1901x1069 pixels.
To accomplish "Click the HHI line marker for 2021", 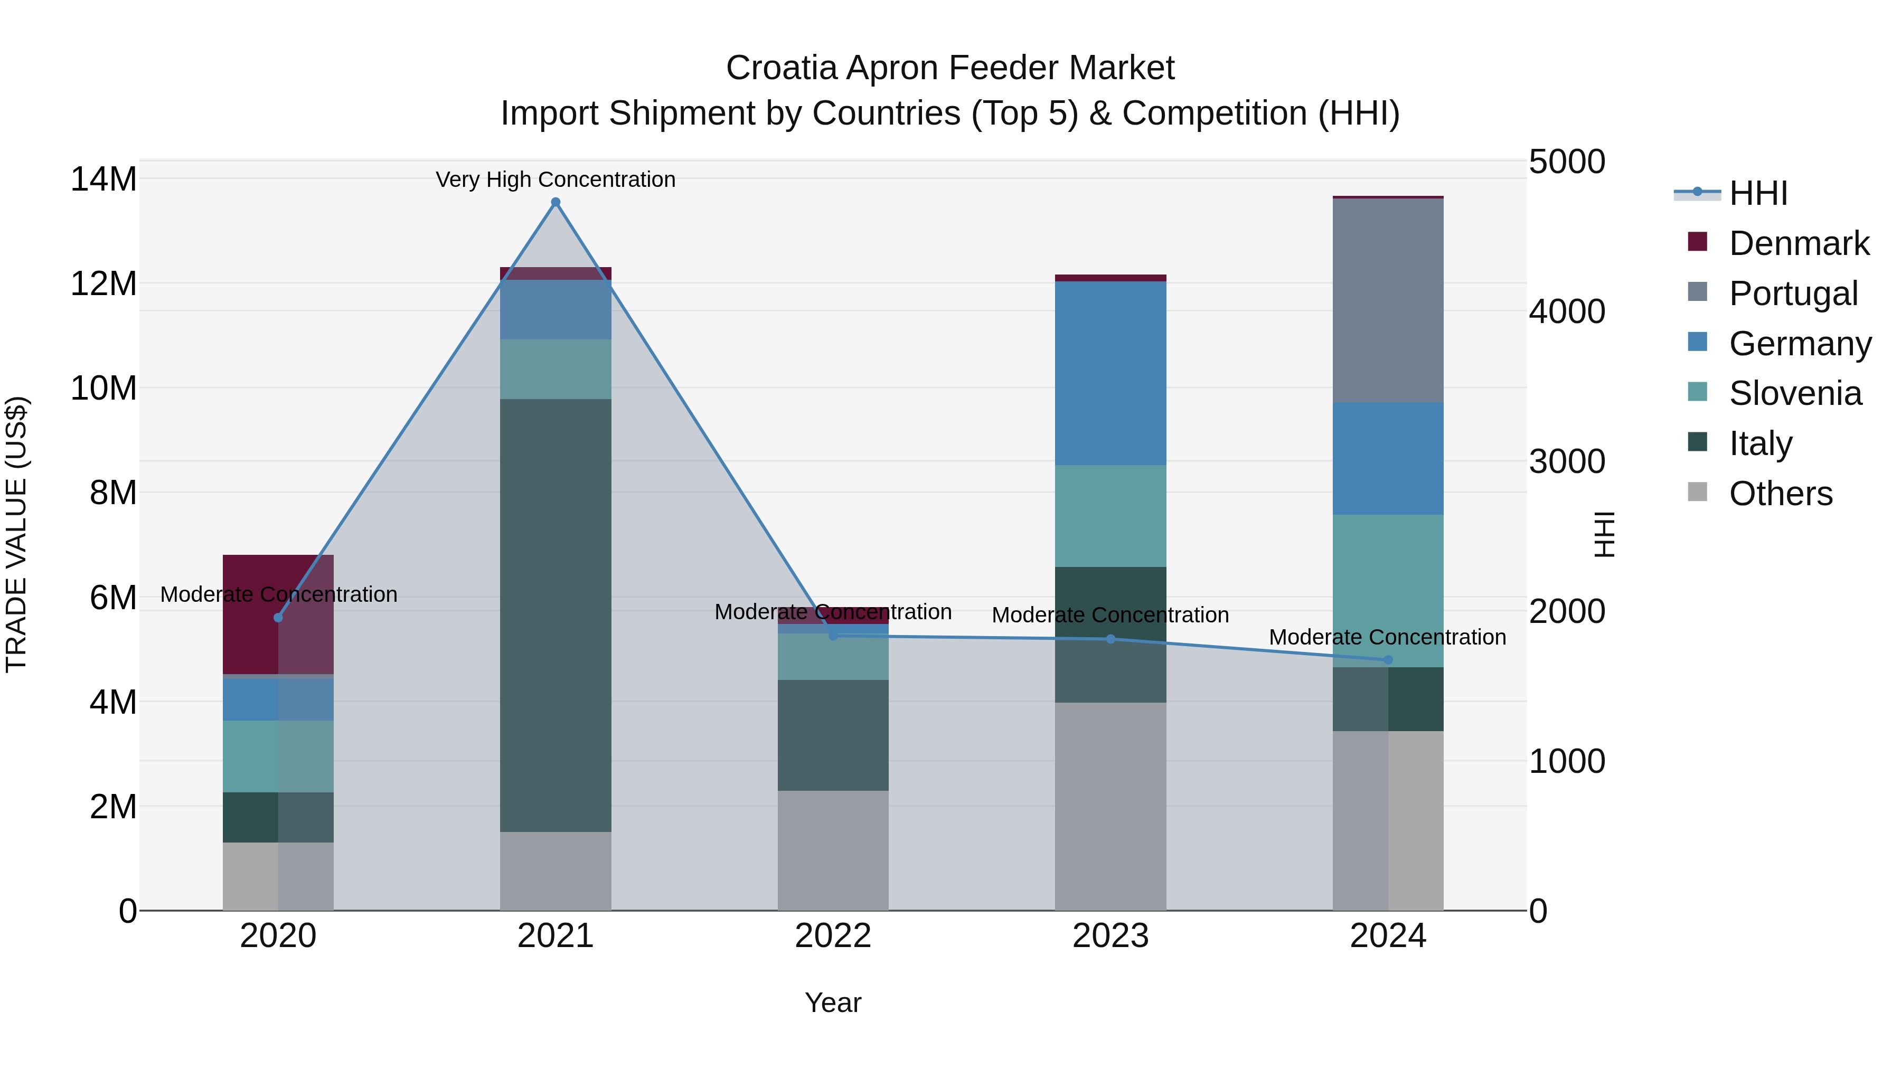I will click(556, 202).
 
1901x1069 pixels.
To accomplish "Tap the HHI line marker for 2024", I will click(1388, 659).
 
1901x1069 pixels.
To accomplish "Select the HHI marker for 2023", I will click(1111, 639).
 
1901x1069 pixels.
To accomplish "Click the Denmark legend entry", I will click(1799, 243).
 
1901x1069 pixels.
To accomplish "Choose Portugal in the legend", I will click(1793, 294).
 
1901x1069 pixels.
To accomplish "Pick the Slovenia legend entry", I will click(1795, 393).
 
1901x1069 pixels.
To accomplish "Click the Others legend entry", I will click(1780, 494).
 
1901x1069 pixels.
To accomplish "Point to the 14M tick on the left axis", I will click(103, 179).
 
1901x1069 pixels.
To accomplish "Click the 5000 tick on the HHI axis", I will click(1566, 162).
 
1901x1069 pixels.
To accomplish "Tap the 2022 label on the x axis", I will click(833, 936).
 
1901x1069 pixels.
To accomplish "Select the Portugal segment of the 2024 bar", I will click(1388, 300).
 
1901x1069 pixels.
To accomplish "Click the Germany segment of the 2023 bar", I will click(1111, 373).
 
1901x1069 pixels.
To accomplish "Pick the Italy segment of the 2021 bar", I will click(556, 616).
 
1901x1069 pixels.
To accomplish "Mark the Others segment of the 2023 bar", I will click(1111, 806).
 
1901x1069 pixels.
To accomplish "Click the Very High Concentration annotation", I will click(556, 179).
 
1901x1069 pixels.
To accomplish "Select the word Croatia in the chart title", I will click(782, 68).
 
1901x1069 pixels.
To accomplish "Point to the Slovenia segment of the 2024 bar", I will click(1388, 590).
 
